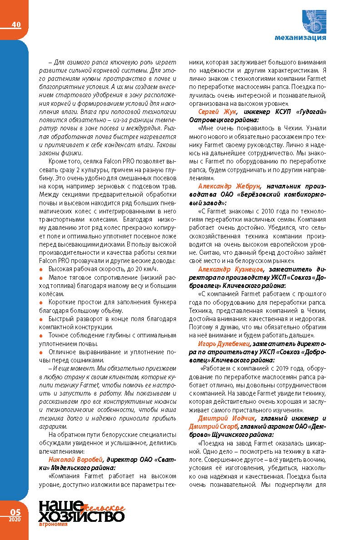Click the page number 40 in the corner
[16, 25]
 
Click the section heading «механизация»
[300, 38]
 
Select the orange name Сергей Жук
[216, 111]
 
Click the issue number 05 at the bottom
[16, 511]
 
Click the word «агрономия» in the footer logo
[54, 524]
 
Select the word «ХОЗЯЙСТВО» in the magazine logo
[82, 516]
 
